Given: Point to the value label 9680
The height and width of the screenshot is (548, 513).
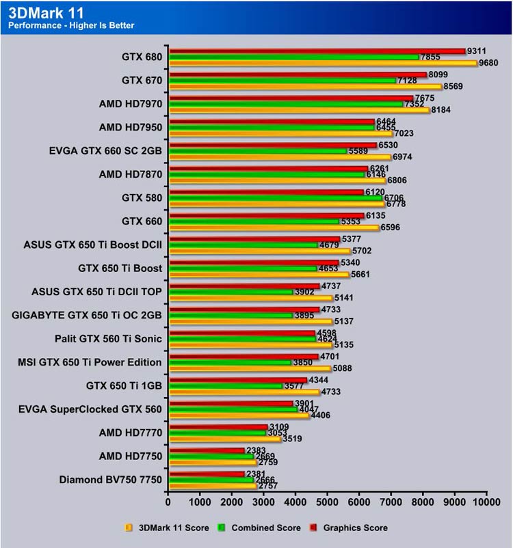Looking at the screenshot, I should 489,63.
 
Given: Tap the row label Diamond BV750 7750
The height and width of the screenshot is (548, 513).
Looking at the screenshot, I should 111,480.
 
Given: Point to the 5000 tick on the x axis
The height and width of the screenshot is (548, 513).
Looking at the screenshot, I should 327,502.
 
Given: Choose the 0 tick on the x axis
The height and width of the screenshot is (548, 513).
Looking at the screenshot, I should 168,502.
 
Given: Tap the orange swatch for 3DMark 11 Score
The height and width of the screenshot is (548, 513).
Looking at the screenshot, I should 128,528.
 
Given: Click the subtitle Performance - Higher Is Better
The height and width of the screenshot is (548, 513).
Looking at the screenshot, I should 71,25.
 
